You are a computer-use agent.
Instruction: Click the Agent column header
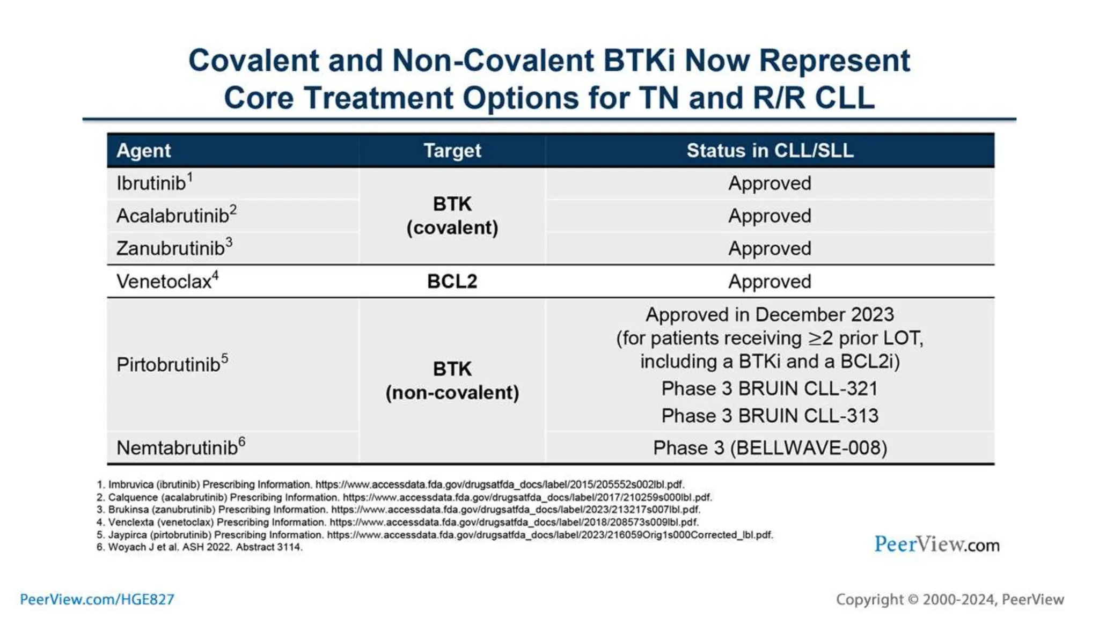[x=143, y=151]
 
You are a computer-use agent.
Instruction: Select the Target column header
[x=452, y=151]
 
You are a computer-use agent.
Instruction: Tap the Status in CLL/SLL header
[x=770, y=151]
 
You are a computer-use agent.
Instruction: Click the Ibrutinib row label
[x=152, y=183]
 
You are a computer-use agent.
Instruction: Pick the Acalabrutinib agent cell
[x=173, y=216]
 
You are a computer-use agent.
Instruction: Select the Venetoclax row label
[x=164, y=282]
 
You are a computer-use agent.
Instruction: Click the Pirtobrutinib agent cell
[x=168, y=365]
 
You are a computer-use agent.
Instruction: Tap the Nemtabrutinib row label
[x=177, y=448]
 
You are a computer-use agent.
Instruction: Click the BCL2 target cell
[x=452, y=282]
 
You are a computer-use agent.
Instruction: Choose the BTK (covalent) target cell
[x=452, y=216]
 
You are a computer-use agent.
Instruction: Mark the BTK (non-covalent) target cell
[x=452, y=381]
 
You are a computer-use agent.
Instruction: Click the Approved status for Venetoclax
[x=770, y=282]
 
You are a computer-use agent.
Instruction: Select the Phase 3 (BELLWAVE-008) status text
[x=770, y=448]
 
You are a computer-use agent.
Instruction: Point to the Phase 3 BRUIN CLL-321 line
[x=770, y=388]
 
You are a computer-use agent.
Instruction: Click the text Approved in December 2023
[x=770, y=314]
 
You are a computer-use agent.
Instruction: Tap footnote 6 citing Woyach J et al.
[x=200, y=547]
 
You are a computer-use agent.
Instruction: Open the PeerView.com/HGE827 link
[x=97, y=599]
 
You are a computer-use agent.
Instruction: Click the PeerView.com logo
[x=936, y=545]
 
